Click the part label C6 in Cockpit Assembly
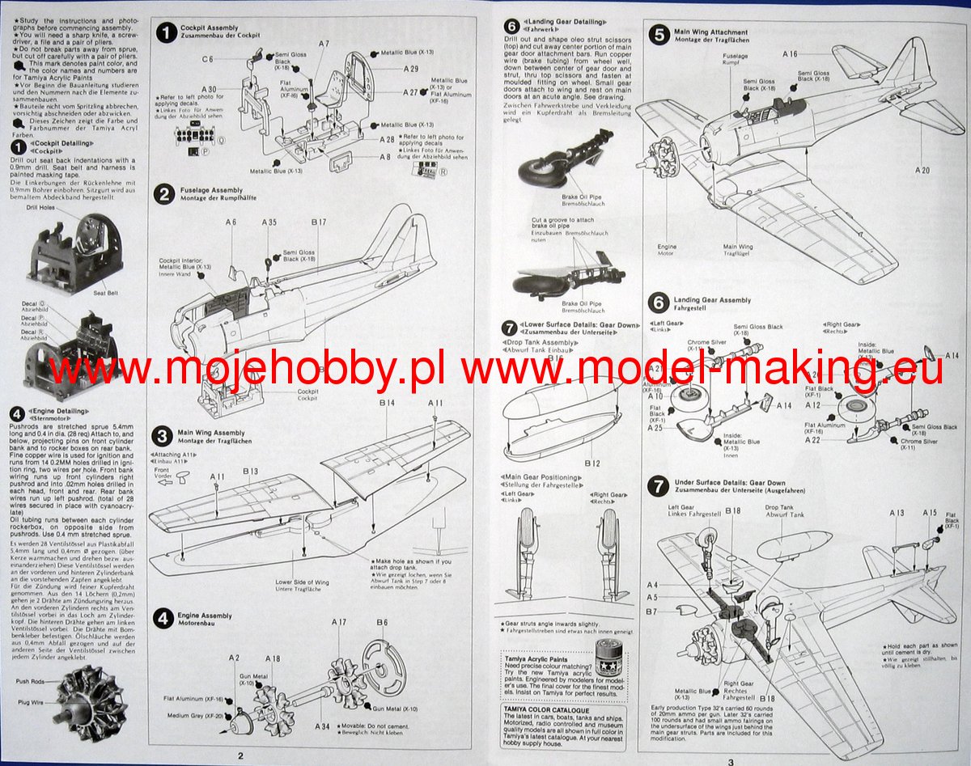click(x=208, y=59)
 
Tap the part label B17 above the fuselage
click(x=318, y=222)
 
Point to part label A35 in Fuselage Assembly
click(x=269, y=222)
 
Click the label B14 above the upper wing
click(x=386, y=402)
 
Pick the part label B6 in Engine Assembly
click(x=382, y=621)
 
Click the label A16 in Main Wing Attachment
click(x=790, y=54)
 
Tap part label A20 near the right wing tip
click(x=922, y=170)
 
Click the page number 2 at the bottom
click(x=240, y=755)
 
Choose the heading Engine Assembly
click(x=206, y=616)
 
